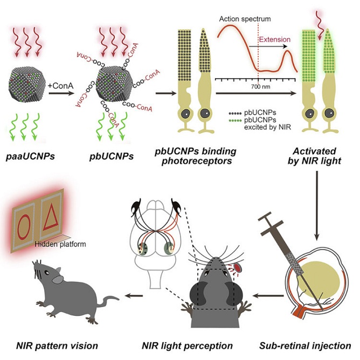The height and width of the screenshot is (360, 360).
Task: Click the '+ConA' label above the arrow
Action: tap(60, 86)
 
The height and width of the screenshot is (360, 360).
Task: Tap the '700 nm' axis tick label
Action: tap(260, 87)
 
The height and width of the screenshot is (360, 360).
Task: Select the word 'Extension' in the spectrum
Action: tap(275, 39)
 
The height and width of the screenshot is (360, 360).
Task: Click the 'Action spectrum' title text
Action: tap(245, 19)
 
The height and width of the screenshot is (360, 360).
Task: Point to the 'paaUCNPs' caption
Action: tap(30, 156)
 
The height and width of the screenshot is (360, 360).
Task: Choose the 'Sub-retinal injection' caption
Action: tap(305, 345)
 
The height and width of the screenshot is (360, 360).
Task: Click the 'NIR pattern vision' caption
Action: tap(57, 345)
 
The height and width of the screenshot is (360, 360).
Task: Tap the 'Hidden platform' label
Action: tap(60, 244)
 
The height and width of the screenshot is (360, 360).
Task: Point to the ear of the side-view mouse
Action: tap(58, 279)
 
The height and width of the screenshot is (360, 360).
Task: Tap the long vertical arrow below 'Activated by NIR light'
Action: tap(317, 205)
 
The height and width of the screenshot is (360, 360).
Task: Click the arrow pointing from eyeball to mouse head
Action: tap(268, 296)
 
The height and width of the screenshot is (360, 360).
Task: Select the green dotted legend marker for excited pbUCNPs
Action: tap(235, 121)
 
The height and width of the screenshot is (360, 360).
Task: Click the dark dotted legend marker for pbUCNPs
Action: tap(235, 113)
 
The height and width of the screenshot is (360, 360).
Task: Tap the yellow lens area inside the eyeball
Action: tap(319, 280)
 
